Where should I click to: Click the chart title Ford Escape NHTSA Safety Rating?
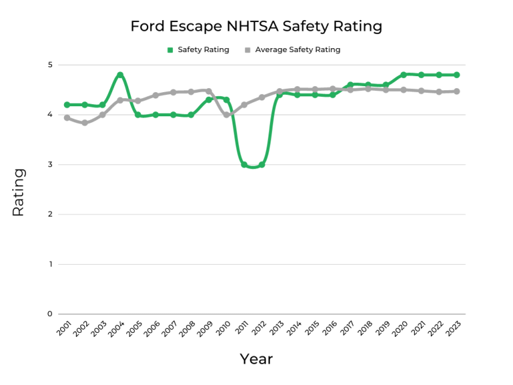(256, 27)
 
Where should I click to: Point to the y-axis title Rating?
(19, 192)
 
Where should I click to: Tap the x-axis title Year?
(256, 359)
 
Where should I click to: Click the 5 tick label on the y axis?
(50, 65)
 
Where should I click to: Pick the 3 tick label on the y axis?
(50, 164)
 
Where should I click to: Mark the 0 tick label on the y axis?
(50, 314)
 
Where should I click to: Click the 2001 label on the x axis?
(64, 328)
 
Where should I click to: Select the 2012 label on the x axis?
(259, 328)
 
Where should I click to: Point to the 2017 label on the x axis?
(348, 328)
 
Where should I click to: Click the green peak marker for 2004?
(120, 75)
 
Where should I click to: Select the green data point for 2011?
(244, 164)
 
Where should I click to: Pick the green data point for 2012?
(262, 164)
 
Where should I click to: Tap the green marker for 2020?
(403, 75)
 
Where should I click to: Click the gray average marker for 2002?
(85, 123)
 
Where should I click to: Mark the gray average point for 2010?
(226, 115)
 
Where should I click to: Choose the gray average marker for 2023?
(457, 92)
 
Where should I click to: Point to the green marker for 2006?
(156, 115)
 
